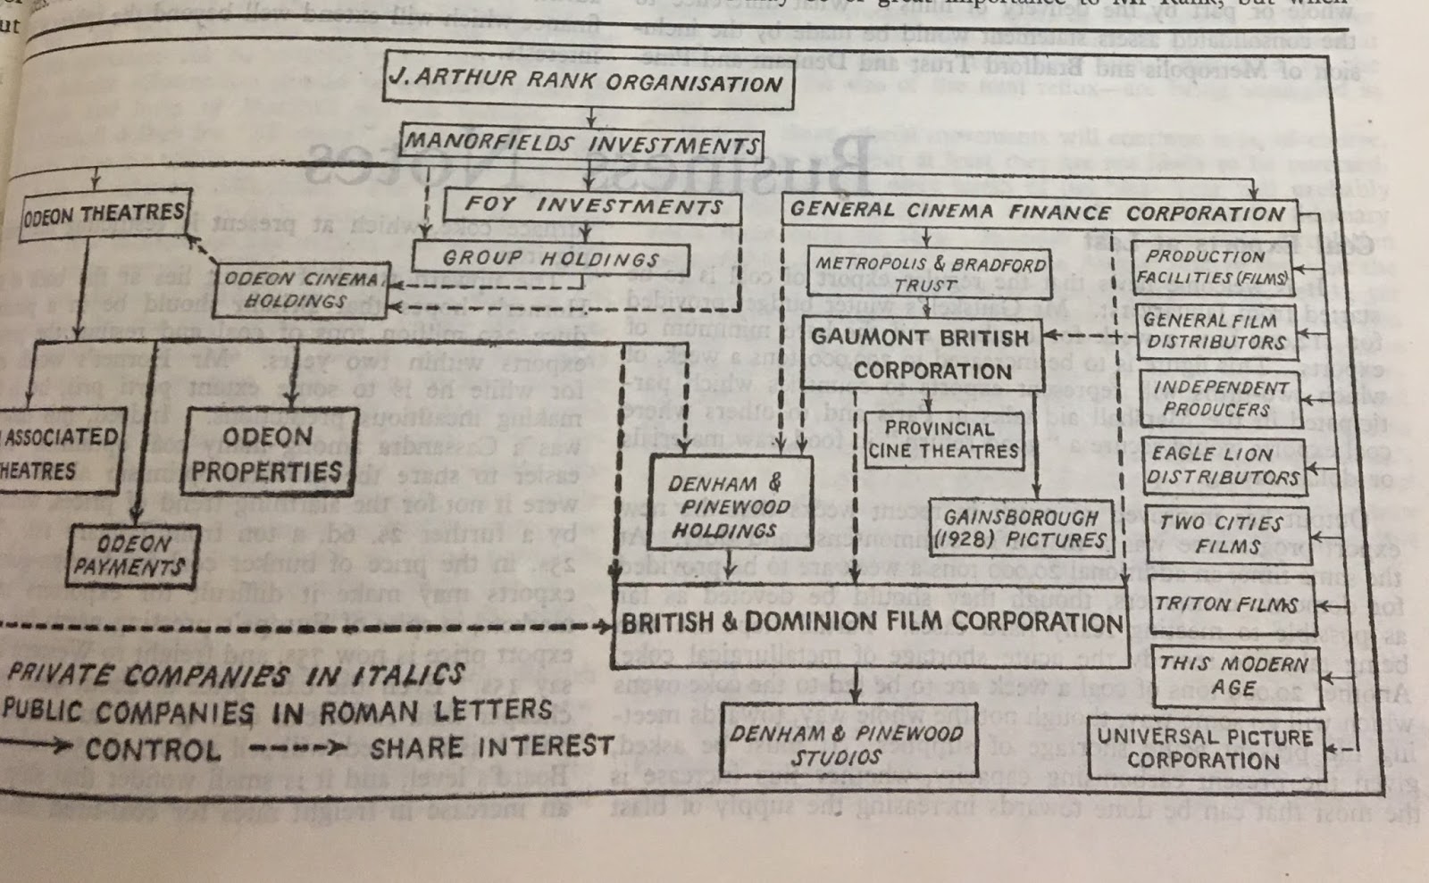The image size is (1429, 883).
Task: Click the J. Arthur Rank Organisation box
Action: [x=587, y=80]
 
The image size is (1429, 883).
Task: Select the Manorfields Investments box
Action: [x=581, y=143]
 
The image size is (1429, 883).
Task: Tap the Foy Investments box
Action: [x=592, y=205]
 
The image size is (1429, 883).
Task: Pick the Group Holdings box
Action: [x=550, y=259]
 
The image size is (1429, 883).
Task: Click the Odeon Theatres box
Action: [x=105, y=214]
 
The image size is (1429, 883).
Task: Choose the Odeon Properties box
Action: [x=268, y=454]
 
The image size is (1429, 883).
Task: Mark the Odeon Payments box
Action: [x=134, y=554]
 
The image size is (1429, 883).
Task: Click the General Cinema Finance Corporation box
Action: [x=1036, y=212]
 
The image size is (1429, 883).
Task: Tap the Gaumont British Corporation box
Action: [x=920, y=354]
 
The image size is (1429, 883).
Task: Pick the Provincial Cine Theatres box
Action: [x=943, y=440]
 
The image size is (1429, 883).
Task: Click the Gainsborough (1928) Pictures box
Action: [x=1020, y=529]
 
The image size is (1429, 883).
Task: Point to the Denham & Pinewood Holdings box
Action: [x=725, y=507]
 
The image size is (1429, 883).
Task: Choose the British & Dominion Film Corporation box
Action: [x=871, y=622]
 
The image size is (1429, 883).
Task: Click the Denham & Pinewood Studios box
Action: [x=846, y=745]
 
